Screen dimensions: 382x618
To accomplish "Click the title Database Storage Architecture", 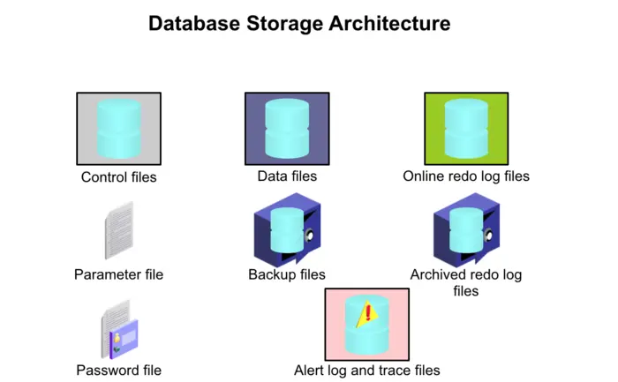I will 299,24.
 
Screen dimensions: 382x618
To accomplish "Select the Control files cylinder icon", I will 118,129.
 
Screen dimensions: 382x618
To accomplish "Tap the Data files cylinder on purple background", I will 287,128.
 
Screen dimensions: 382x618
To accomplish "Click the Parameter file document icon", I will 118,230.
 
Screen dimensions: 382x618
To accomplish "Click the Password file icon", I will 118,328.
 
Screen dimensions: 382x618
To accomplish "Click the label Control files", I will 118,177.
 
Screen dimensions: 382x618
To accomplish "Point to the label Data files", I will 287,176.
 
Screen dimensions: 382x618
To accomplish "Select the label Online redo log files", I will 466,176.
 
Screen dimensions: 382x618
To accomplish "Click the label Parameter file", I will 118,274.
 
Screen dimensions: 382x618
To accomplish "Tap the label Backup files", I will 287,274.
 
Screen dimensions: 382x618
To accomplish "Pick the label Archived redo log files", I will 466,282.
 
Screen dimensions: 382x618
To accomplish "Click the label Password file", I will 118,371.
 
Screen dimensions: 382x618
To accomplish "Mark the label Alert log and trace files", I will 366,371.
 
